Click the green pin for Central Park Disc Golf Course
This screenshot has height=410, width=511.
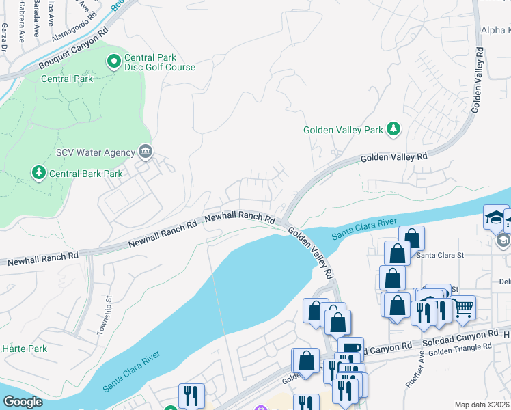tap(115, 62)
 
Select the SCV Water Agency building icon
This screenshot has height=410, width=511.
tap(145, 151)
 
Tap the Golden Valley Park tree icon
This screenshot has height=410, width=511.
tap(393, 129)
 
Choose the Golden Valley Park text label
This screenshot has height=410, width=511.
tap(342, 130)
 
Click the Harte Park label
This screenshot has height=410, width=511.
tap(24, 348)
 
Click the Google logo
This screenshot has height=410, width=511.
tap(23, 402)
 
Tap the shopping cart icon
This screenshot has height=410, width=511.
tap(464, 309)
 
